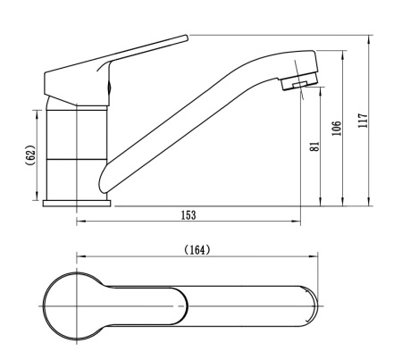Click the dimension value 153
pyautogui.click(x=188, y=215)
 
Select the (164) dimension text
pyautogui.click(x=196, y=250)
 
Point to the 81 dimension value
pyautogui.click(x=314, y=147)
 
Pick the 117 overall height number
pyautogui.click(x=363, y=121)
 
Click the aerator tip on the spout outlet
pyautogui.click(x=296, y=87)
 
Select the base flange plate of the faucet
pyautogui.click(x=77, y=203)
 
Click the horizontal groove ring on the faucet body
pyautogui.click(x=77, y=159)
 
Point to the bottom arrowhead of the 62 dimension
pyautogui.click(x=38, y=198)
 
